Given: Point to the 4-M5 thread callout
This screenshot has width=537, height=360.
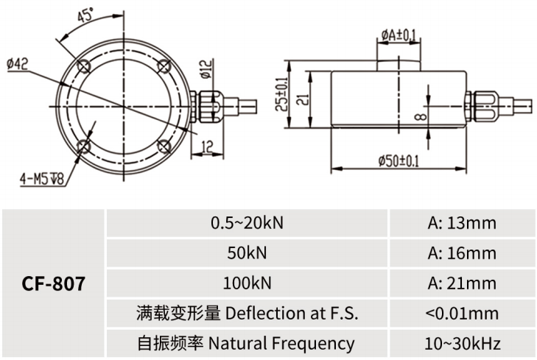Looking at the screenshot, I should pyautogui.click(x=43, y=177).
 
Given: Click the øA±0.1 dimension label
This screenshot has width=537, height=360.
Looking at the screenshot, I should pyautogui.click(x=399, y=35).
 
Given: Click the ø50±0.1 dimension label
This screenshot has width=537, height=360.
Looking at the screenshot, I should pyautogui.click(x=399, y=160).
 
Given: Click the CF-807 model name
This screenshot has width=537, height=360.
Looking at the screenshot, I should pyautogui.click(x=54, y=283).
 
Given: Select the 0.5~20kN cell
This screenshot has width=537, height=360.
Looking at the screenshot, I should pyautogui.click(x=248, y=223).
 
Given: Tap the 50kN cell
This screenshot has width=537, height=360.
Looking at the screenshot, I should pyautogui.click(x=248, y=253).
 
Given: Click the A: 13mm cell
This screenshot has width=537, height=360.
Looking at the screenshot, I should pyautogui.click(x=462, y=223).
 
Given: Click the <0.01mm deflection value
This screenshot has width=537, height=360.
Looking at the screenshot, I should pyautogui.click(x=462, y=314).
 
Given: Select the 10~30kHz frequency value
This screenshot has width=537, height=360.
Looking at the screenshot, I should pyautogui.click(x=462, y=343).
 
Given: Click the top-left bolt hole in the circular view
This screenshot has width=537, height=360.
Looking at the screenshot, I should pyautogui.click(x=85, y=66).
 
